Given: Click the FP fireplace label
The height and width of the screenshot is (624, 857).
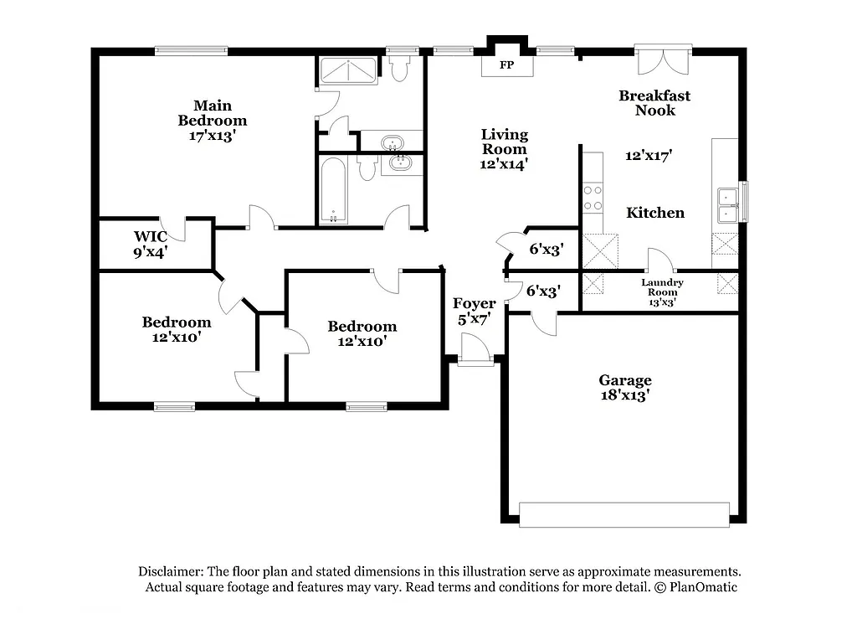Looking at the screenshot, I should [x=506, y=65].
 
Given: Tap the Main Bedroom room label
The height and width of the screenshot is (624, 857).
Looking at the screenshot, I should [x=213, y=113].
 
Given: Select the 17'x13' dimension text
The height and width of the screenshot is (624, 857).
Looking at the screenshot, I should [x=213, y=136].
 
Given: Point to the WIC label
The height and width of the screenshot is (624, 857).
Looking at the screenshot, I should [x=151, y=236].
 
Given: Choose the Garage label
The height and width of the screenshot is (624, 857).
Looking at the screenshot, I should [x=625, y=380].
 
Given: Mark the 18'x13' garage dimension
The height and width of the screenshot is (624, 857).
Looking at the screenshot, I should [x=625, y=395].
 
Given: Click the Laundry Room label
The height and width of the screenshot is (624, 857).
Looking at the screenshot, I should [x=662, y=287].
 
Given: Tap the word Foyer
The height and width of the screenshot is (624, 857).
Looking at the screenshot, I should [x=475, y=303].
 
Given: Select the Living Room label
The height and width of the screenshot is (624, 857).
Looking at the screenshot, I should [x=504, y=142].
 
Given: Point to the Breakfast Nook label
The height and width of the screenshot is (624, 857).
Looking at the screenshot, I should [x=654, y=103].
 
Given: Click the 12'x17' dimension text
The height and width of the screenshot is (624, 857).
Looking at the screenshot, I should [x=649, y=155].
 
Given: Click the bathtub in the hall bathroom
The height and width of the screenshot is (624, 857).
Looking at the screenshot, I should [x=333, y=191].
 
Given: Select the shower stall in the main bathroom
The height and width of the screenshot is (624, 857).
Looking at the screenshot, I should [x=349, y=71].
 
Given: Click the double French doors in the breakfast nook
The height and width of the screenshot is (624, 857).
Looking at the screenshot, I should [x=662, y=60].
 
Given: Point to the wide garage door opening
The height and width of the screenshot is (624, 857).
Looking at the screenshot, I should [x=624, y=514].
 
